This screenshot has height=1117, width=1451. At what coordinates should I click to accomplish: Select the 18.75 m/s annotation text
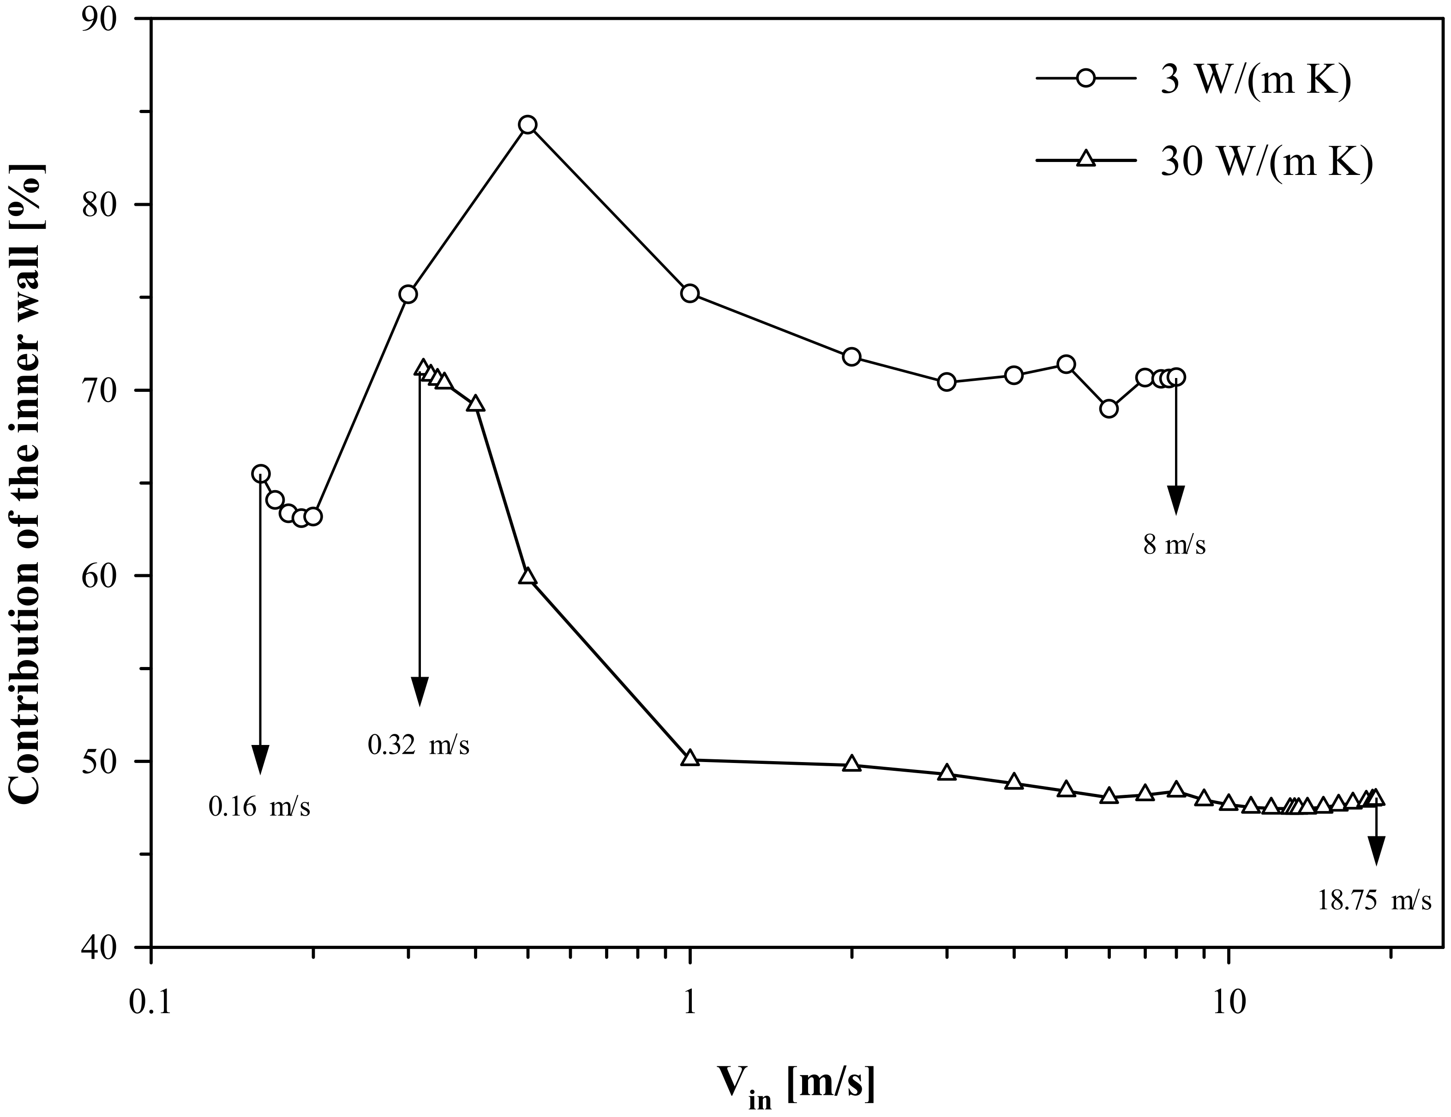(1374, 901)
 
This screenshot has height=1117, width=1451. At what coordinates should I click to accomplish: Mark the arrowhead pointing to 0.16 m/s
(260, 759)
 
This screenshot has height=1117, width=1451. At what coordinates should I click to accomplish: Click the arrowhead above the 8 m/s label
(1176, 500)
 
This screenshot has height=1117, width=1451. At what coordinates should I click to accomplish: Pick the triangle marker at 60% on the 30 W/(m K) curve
(528, 576)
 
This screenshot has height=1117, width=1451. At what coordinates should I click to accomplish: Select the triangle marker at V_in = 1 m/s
(690, 758)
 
